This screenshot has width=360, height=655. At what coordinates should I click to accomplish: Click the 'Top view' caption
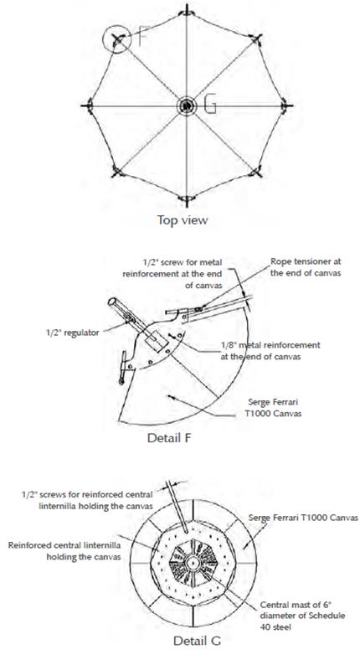pos(182,219)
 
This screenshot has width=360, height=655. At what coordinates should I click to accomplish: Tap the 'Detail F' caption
pos(169,438)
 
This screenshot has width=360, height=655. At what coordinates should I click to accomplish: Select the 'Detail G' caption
pos(197,641)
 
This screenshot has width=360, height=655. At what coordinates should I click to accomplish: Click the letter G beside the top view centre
pos(210,105)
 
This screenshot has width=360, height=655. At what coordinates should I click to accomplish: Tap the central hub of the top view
pos(187,106)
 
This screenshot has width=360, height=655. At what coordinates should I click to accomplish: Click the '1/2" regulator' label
pos(72,333)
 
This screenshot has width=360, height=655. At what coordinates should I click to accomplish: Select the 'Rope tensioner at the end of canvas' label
pos(306,266)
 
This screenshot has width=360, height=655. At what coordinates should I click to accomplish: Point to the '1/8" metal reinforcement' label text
pos(270,345)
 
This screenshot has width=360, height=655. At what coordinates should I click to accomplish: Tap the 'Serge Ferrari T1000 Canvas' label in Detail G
pos(303,518)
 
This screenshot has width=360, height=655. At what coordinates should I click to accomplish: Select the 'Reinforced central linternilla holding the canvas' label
pos(64,551)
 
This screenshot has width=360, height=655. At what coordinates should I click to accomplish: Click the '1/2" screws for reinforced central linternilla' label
pos(87,499)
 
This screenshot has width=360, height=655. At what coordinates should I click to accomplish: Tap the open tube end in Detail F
pos(112,302)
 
